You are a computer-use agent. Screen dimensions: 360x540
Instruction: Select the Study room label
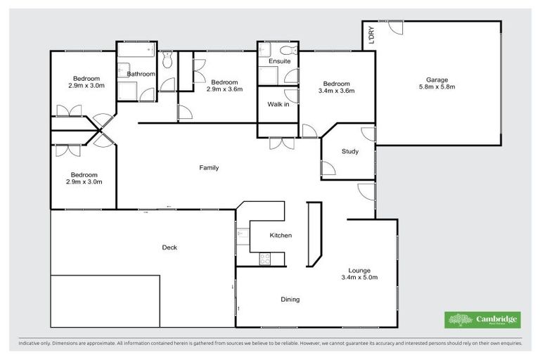point(349,151)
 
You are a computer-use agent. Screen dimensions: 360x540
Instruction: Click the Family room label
point(209,167)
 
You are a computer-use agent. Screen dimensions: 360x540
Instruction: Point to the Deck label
point(169,247)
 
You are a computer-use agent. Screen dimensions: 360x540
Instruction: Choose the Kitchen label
point(281,235)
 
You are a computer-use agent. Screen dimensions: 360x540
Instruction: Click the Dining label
point(290,299)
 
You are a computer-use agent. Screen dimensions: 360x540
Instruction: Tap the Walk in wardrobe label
point(278,104)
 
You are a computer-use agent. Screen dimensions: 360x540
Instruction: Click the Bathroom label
point(141,73)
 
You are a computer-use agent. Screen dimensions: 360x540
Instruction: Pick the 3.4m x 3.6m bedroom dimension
point(336,90)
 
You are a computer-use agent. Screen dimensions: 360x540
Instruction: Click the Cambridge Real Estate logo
point(482,320)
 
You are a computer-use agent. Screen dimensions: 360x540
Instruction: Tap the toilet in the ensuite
point(285,51)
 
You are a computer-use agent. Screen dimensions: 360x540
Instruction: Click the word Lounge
point(359,270)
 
